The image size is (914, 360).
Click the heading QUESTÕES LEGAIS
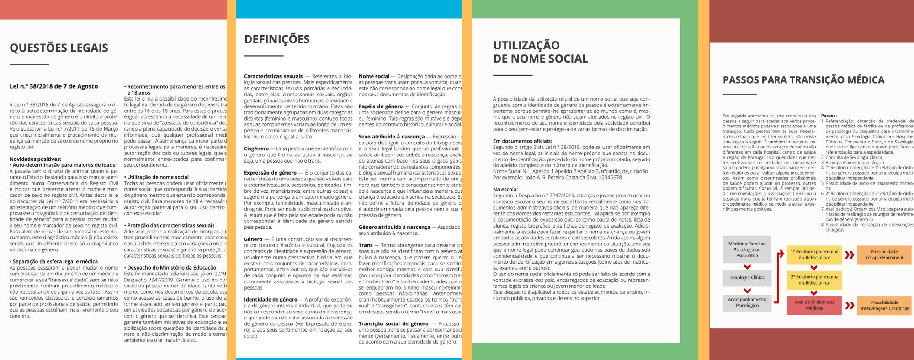[x=59, y=48]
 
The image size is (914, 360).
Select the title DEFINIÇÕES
[x=277, y=39]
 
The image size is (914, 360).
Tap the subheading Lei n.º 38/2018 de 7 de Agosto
[x=53, y=86]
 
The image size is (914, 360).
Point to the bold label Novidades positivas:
[x=35, y=159]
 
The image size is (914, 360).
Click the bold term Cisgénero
[x=256, y=148]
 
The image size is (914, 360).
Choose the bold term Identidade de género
[x=271, y=300]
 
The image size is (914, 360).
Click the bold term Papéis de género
[x=381, y=106]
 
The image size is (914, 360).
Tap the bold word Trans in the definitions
[x=366, y=245]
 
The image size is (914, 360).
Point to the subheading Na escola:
[x=505, y=189]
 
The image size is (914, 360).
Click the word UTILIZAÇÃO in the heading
[x=526, y=45]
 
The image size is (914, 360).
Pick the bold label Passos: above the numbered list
[x=829, y=116]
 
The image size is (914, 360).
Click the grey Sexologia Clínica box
[x=747, y=277]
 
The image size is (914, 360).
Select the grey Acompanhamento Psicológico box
[x=747, y=302]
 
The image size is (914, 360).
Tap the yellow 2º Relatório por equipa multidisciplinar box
[x=814, y=280]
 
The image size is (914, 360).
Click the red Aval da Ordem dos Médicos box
[x=814, y=305]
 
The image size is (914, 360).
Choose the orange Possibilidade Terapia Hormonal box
[x=884, y=254]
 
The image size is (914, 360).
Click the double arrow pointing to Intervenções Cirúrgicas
[x=850, y=305]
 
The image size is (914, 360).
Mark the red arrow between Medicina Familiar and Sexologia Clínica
[x=747, y=267]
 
